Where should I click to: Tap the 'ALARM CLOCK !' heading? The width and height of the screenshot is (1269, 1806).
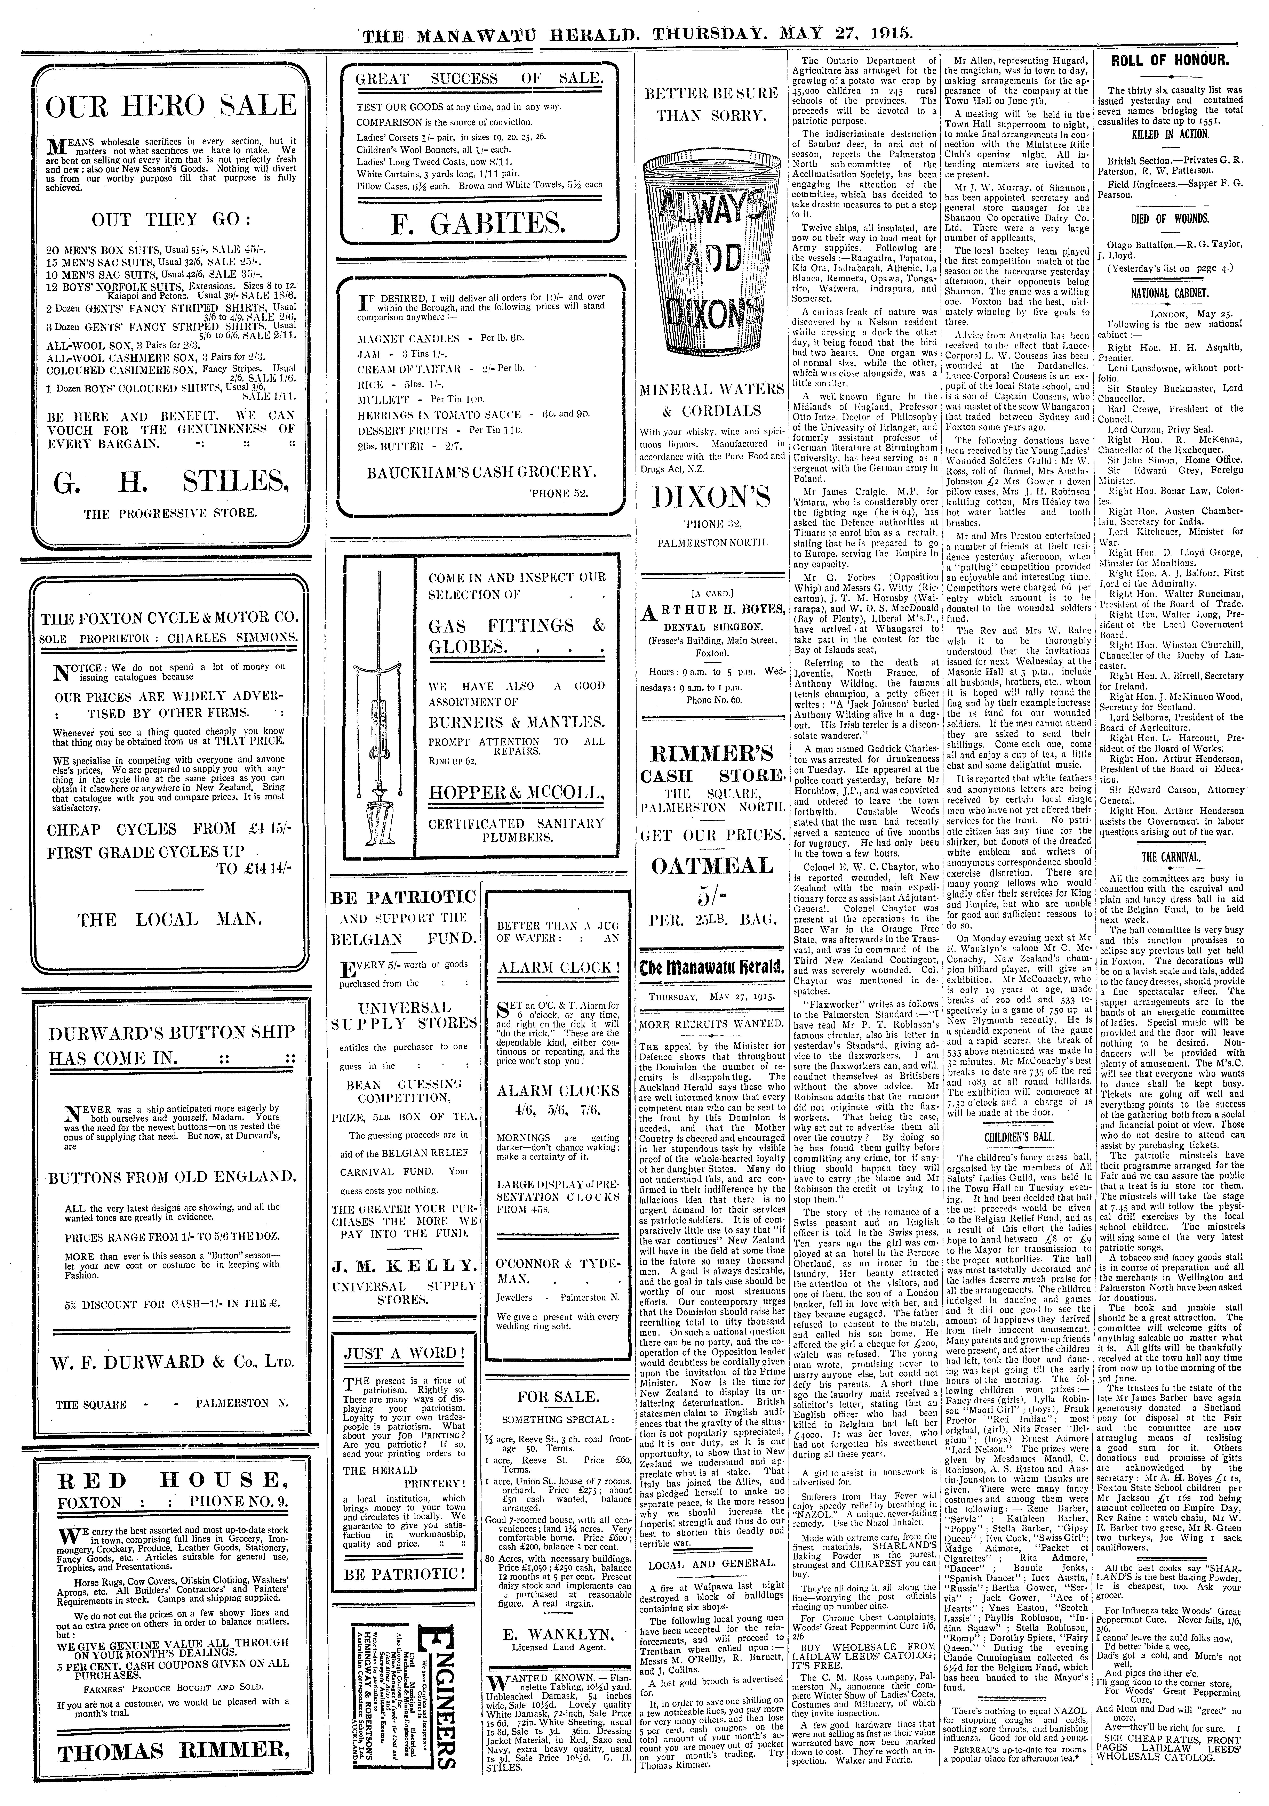pos(558,968)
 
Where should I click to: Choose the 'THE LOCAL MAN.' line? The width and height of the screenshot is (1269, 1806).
pos(169,920)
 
